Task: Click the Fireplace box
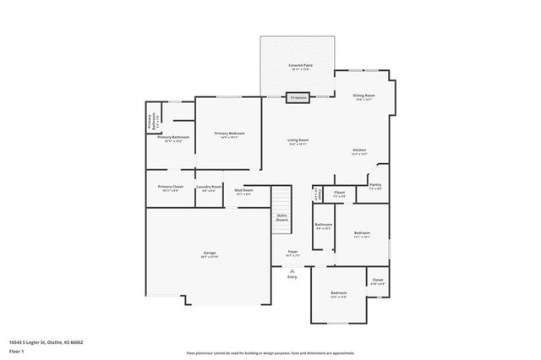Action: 298,98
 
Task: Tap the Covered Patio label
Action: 297,66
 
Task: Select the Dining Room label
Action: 363,96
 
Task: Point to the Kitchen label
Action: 359,150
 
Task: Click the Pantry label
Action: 375,185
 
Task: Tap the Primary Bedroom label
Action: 228,134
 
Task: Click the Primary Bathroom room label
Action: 172,137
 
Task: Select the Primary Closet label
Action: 170,187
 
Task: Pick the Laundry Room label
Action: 209,187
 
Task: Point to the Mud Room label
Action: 243,190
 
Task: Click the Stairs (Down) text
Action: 281,217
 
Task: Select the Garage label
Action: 209,254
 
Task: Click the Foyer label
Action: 292,251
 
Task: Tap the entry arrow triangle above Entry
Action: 292,270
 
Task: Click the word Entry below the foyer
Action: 292,277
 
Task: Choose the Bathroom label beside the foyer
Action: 323,225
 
